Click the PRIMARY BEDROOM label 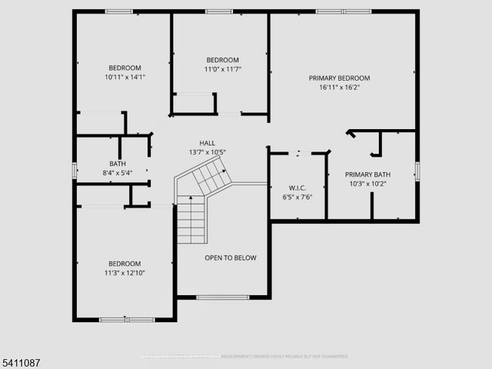point(339,78)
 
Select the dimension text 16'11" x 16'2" point(339,87)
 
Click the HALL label point(208,142)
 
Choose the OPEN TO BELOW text point(230,258)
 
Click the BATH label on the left point(117,163)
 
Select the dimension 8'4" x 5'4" point(117,172)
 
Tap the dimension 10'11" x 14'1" point(124,77)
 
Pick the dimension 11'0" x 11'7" point(222,69)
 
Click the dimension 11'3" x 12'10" point(124,272)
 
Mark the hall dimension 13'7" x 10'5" point(208,151)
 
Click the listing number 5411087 point(23,359)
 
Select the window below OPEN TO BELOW point(222,297)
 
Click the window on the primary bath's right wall point(417,169)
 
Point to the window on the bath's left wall point(75,170)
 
